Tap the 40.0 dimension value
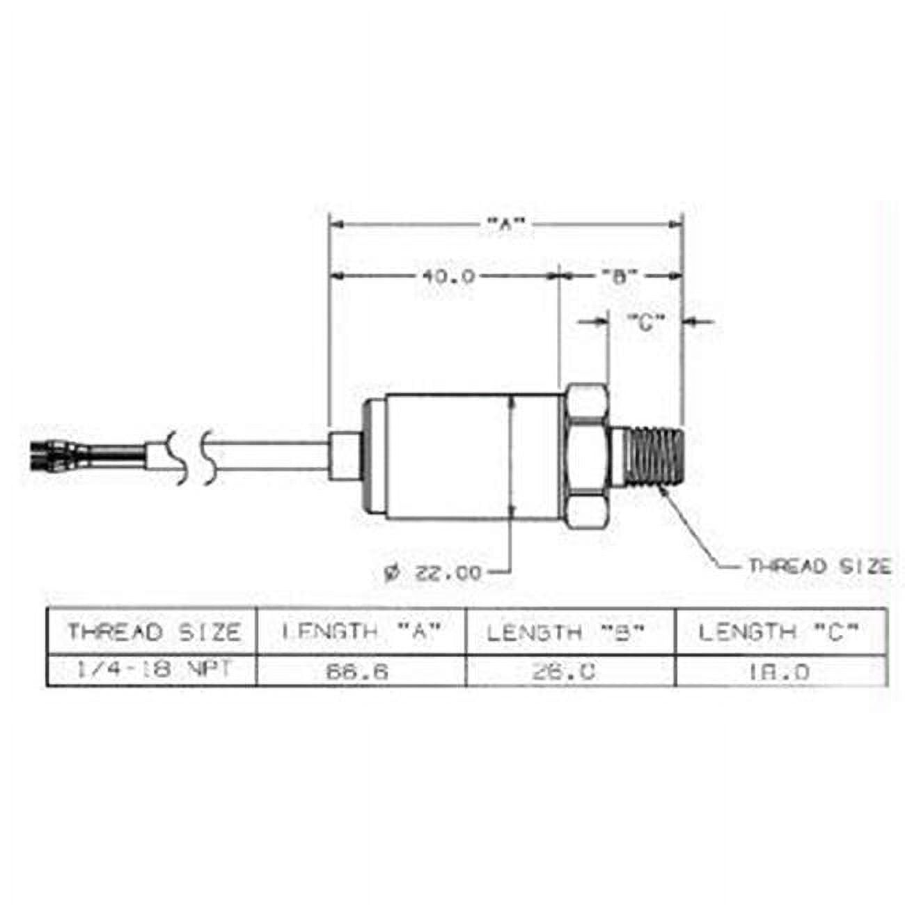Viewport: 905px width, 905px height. point(448,276)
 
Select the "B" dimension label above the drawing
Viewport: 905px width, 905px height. point(620,276)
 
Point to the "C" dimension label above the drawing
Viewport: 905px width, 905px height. point(646,322)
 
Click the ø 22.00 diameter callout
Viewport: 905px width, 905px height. point(433,573)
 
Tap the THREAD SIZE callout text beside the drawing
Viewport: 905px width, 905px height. point(819,566)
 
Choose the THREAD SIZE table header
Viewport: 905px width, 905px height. point(153,632)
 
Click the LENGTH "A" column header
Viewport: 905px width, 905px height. point(361,632)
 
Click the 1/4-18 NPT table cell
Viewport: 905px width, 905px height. point(153,670)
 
